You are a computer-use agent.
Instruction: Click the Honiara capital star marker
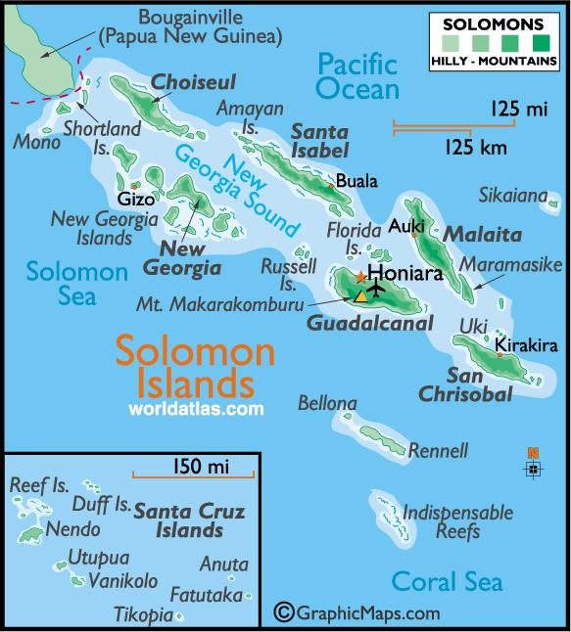[360, 278]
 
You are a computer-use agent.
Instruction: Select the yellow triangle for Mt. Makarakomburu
[360, 294]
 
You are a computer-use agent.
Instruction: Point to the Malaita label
[482, 235]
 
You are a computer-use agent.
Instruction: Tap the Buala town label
[356, 181]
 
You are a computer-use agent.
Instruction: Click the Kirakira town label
[526, 345]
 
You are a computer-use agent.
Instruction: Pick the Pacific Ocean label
[358, 77]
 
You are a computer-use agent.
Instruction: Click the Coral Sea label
[447, 581]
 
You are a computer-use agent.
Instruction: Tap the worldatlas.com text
[196, 408]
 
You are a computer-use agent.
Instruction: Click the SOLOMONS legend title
[495, 23]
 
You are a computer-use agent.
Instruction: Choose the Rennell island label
[438, 451]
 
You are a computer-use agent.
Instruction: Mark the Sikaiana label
[512, 196]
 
